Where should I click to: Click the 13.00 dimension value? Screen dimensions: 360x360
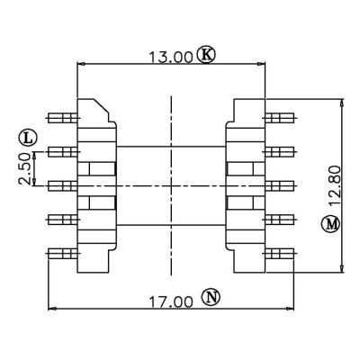point(170,58)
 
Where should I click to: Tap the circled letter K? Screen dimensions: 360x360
point(206,54)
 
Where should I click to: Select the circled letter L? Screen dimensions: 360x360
point(28,138)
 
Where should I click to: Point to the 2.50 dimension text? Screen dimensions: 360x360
point(24,168)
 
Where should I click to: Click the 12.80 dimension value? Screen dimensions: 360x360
point(335,186)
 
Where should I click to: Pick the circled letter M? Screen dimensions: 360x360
point(331,224)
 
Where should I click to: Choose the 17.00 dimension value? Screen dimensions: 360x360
point(170,302)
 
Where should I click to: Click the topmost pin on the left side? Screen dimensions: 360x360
point(63,118)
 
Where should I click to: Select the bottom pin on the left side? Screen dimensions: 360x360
point(63,254)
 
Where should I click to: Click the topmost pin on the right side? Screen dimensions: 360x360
point(280,118)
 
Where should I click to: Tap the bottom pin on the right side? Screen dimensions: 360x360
point(280,254)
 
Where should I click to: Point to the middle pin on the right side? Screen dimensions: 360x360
point(280,186)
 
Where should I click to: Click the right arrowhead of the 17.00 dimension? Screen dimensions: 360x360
point(290,309)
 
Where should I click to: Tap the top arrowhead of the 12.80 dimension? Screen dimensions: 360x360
point(341,103)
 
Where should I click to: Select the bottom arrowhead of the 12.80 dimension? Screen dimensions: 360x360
point(341,268)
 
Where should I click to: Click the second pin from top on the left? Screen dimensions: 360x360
point(63,152)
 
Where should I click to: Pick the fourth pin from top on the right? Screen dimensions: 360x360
point(280,220)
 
